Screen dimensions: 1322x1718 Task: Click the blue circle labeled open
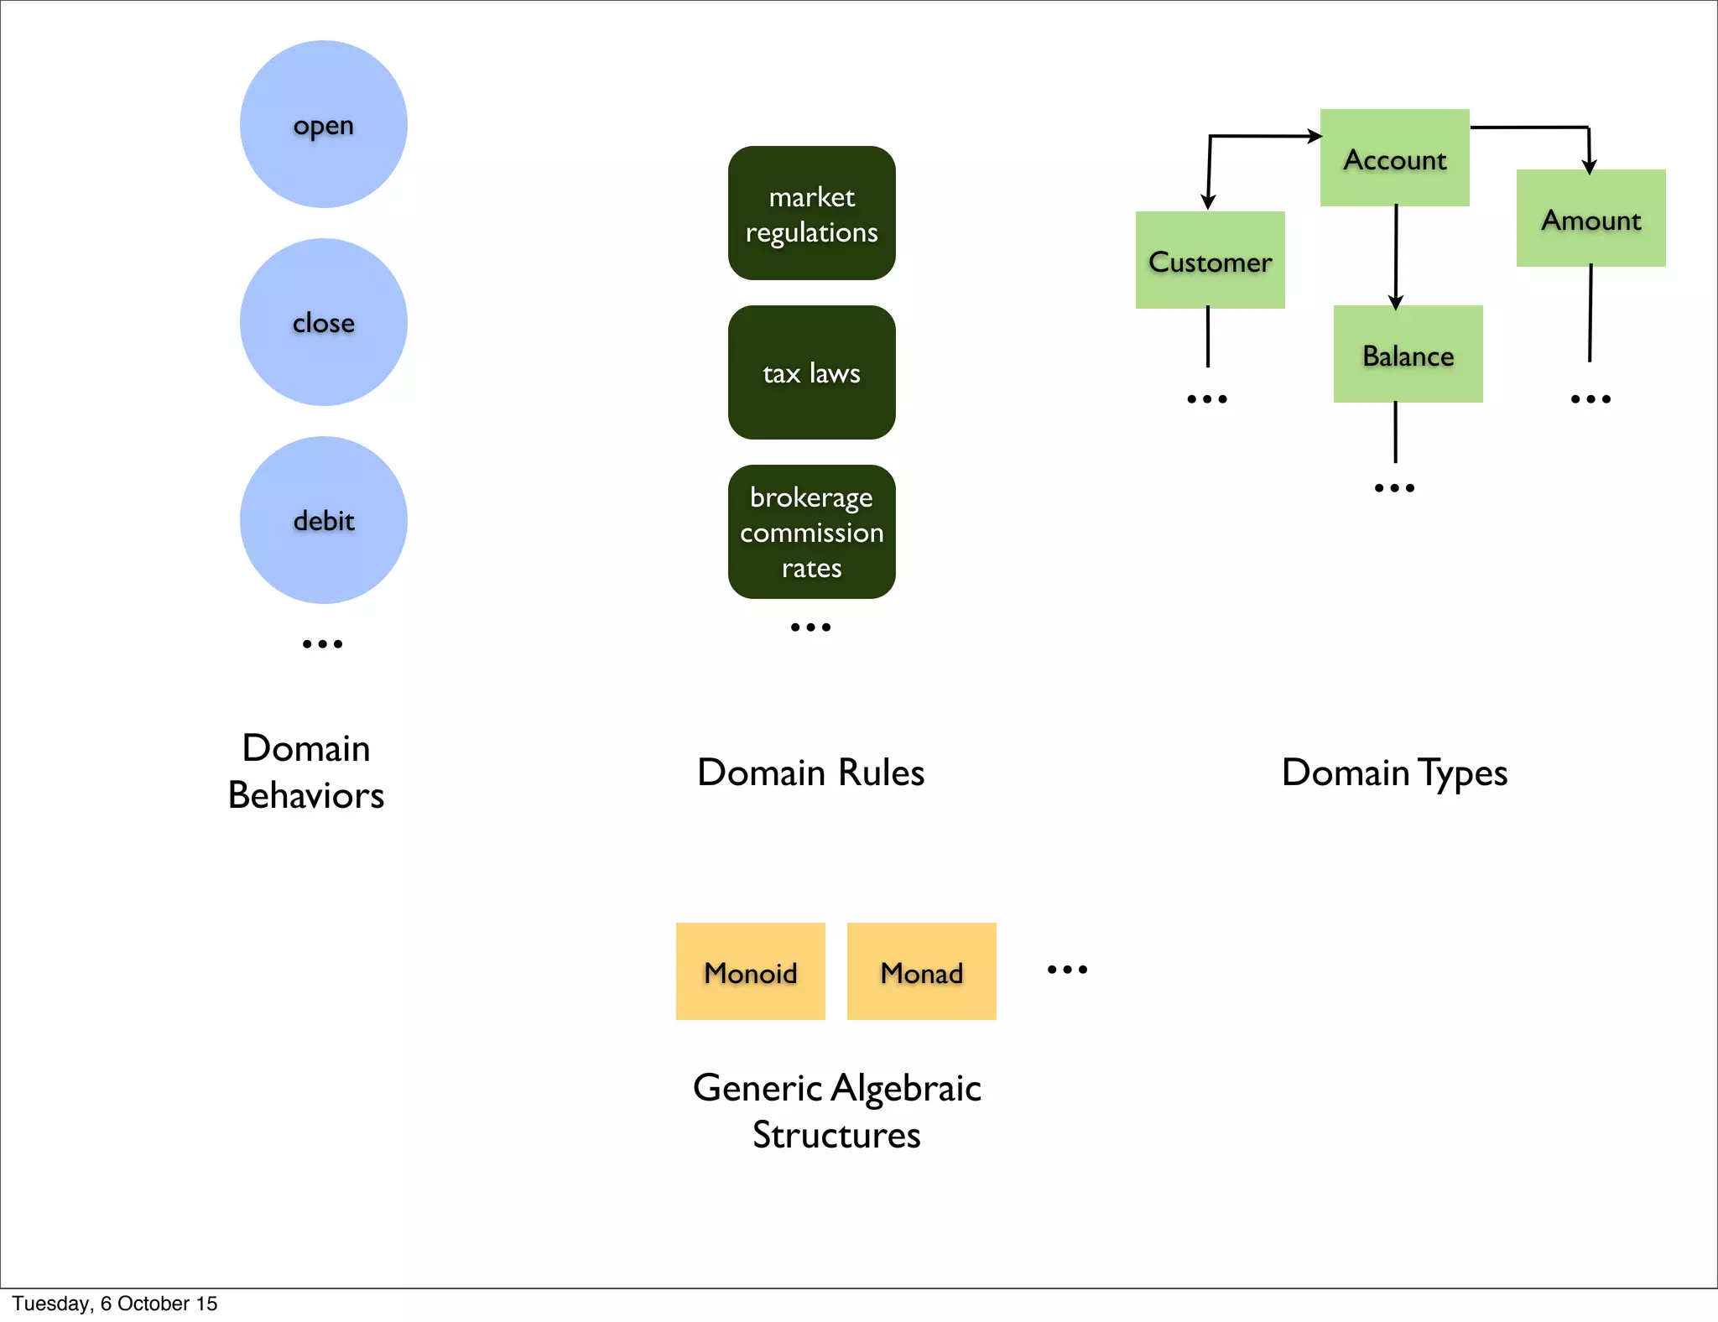click(x=323, y=124)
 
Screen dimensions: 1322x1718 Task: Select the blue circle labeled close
click(x=323, y=322)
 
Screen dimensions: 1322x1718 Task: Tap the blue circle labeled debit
click(x=323, y=520)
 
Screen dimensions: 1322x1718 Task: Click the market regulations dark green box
click(x=811, y=213)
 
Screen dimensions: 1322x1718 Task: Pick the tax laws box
click(x=811, y=372)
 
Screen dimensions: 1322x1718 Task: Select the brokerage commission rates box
click(x=811, y=532)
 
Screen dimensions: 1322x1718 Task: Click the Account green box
click(x=1394, y=158)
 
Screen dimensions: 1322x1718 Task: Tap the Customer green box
click(x=1210, y=260)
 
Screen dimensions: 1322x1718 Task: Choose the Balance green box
click(x=1408, y=354)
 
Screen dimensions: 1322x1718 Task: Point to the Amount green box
click(x=1590, y=218)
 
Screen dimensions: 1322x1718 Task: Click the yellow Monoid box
click(x=750, y=971)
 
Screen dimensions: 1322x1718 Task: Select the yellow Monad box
click(x=921, y=971)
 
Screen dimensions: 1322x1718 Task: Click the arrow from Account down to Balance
click(x=1396, y=256)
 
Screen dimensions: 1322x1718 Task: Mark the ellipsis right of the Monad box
click(x=1067, y=970)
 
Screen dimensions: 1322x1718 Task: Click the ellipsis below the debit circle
click(x=322, y=644)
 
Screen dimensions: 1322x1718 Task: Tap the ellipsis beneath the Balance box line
click(x=1394, y=487)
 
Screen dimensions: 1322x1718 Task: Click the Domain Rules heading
click(x=810, y=772)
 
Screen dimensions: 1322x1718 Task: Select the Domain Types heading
click(x=1394, y=772)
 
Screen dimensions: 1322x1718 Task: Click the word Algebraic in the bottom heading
click(x=906, y=1088)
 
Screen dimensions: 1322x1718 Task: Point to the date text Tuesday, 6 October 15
click(x=115, y=1304)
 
